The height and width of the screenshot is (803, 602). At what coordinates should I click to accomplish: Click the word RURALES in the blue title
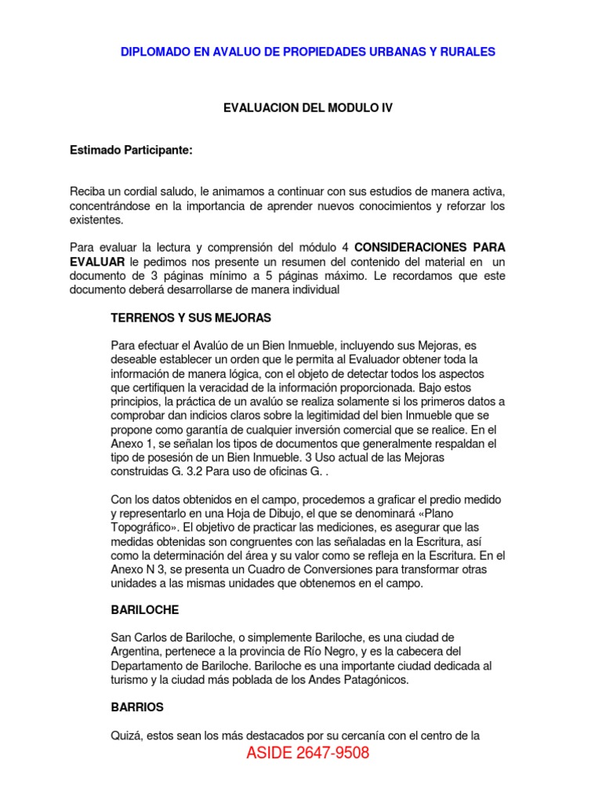tap(466, 52)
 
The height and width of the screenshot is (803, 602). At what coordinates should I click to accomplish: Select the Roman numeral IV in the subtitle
tap(386, 108)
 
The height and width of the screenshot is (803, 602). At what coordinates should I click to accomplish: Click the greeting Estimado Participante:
tap(131, 151)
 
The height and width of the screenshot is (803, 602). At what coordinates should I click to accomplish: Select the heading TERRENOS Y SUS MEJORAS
tap(191, 318)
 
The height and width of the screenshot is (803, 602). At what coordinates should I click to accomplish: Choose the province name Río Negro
tap(332, 652)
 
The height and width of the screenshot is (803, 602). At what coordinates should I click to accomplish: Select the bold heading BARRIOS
tap(137, 707)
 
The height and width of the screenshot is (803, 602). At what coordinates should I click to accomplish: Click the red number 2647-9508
tap(333, 754)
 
